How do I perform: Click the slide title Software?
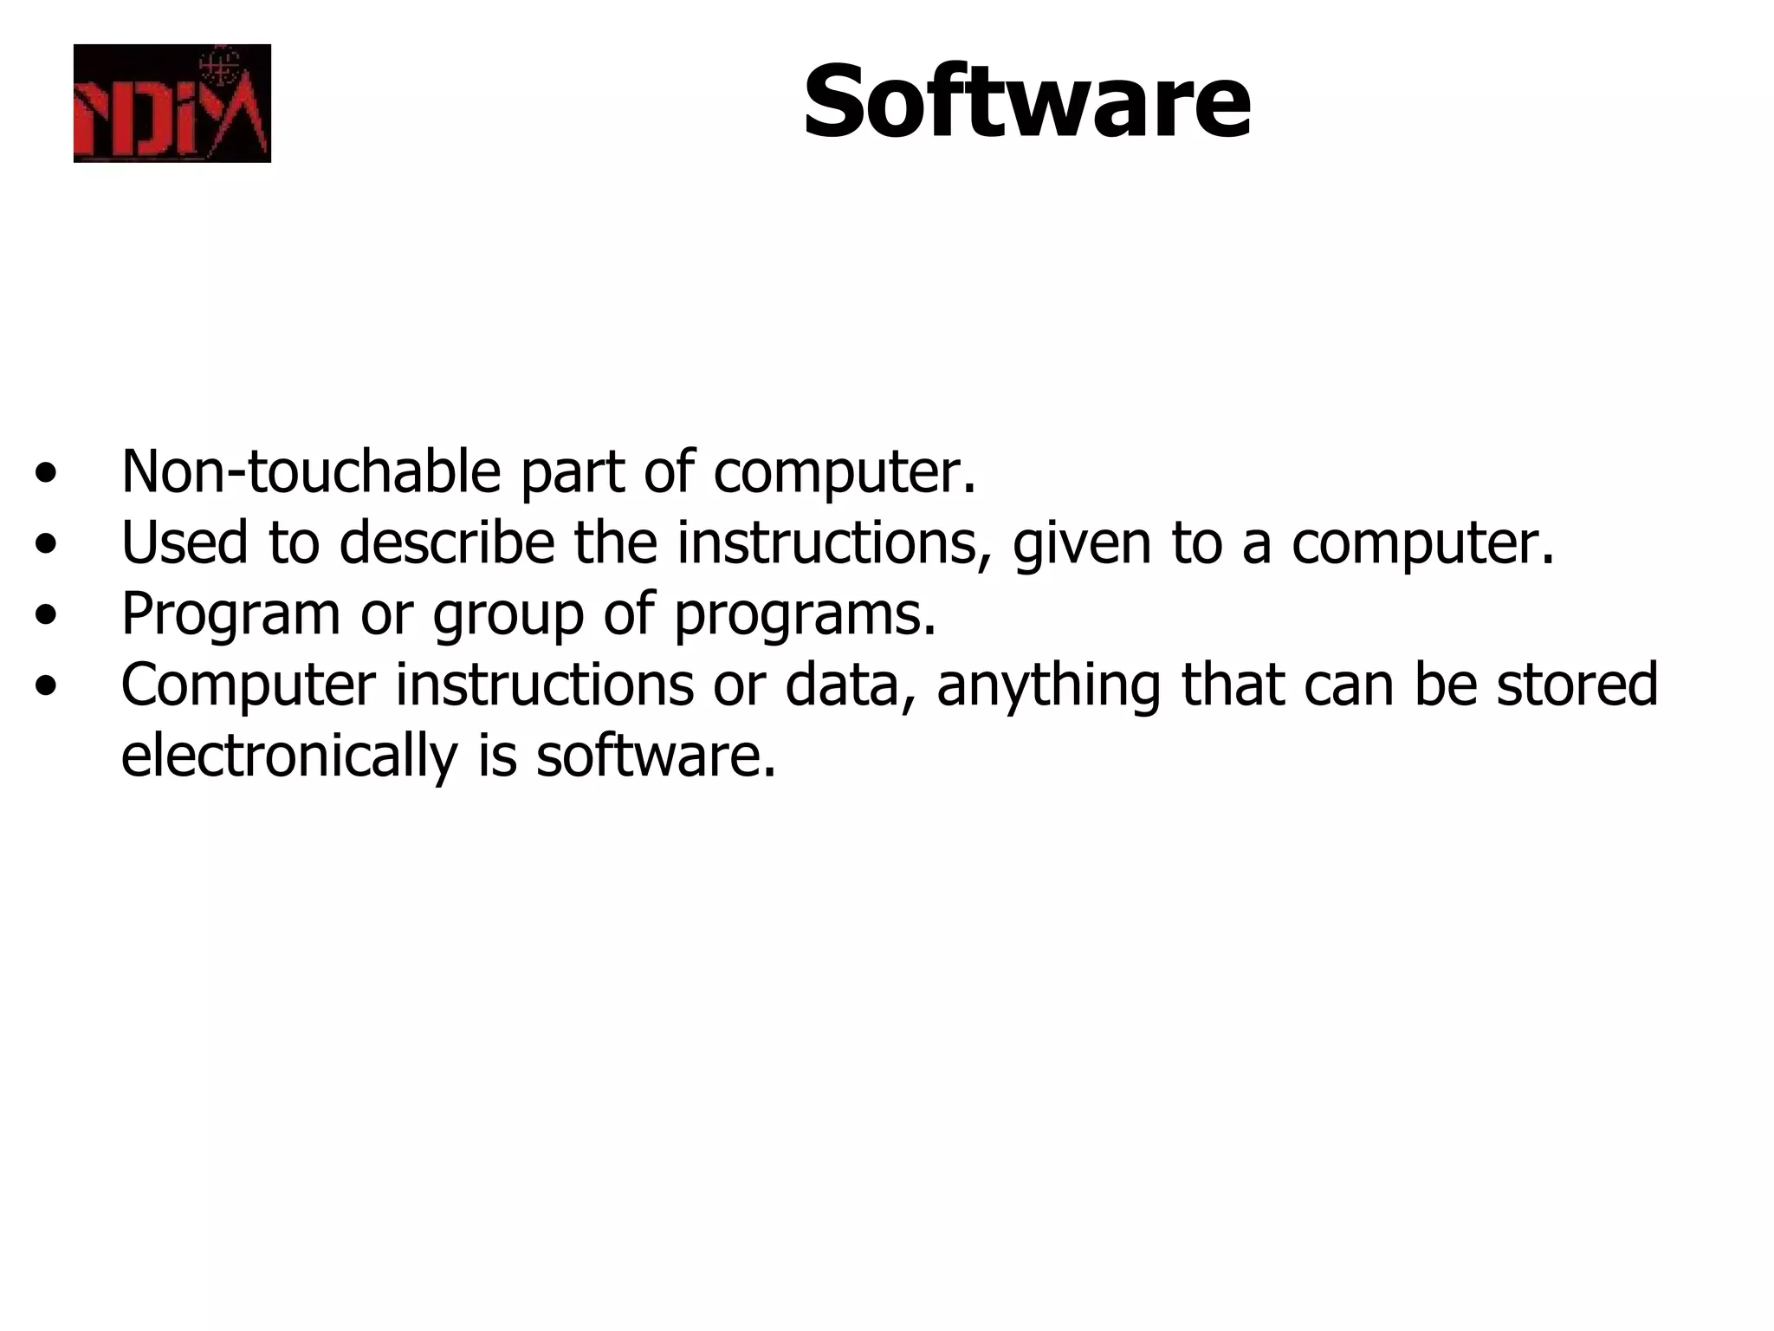point(1026,102)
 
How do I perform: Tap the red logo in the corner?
point(172,103)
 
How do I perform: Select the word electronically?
point(288,756)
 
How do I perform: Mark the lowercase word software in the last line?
point(655,756)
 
